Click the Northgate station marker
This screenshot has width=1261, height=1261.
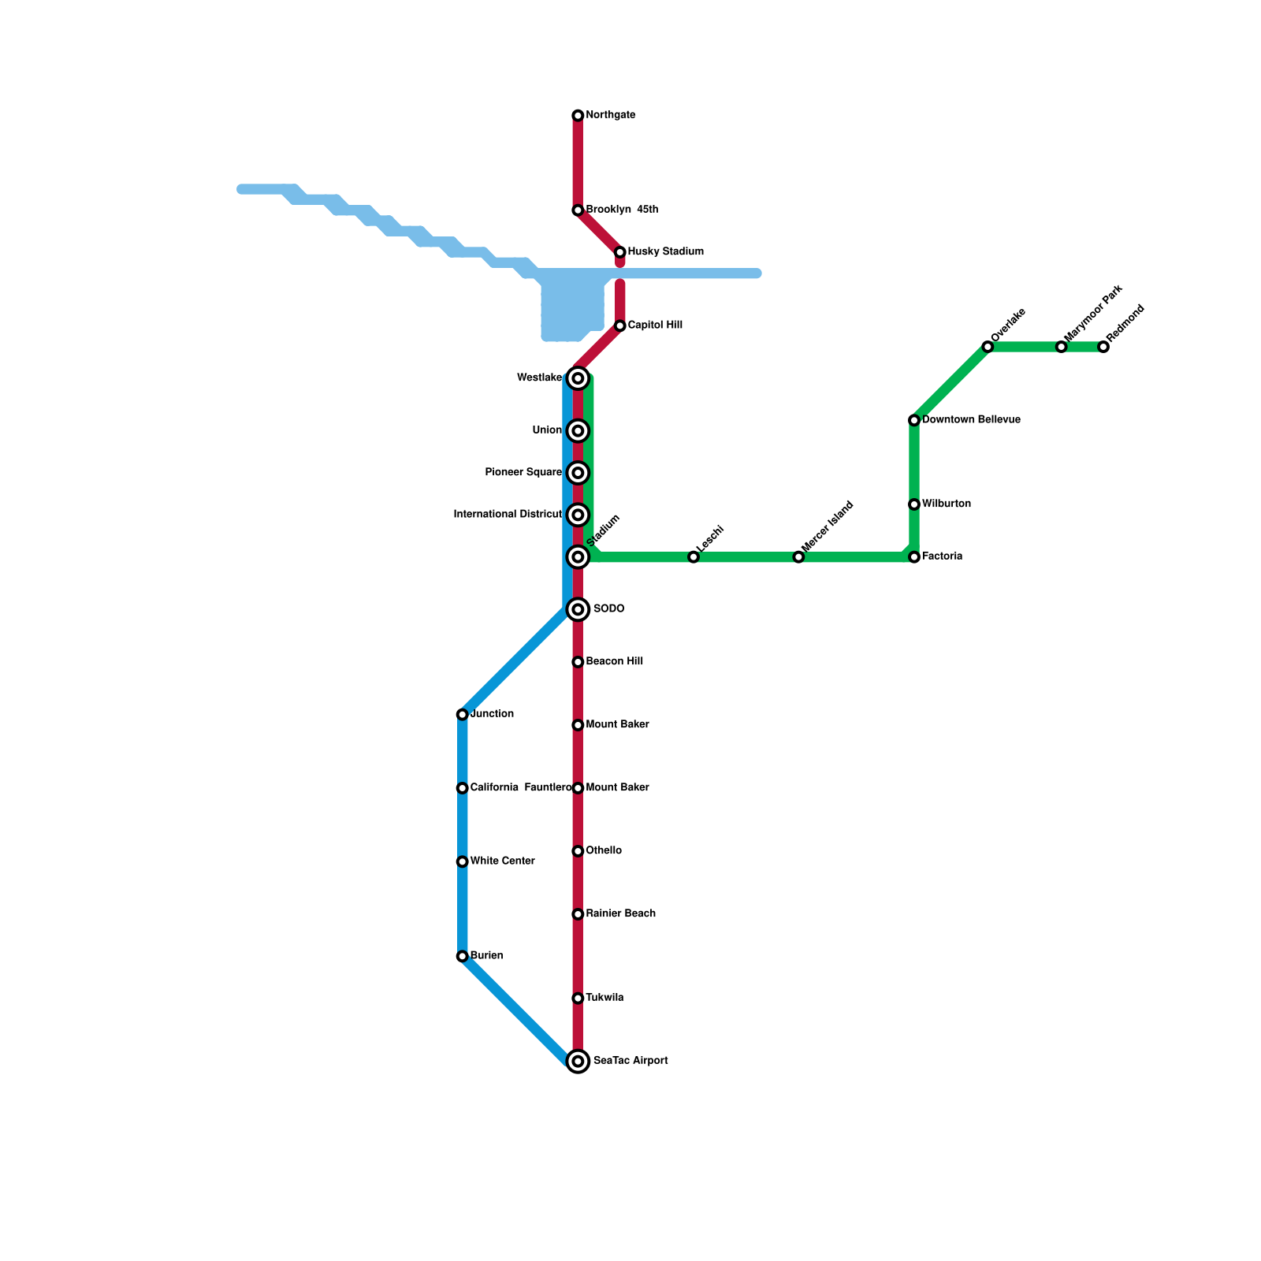[x=578, y=116]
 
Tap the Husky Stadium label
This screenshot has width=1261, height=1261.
[x=665, y=251]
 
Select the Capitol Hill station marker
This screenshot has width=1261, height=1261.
[x=620, y=325]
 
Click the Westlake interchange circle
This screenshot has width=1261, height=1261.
[x=578, y=378]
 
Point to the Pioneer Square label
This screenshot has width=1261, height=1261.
[x=523, y=472]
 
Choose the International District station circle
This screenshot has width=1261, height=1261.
[x=578, y=515]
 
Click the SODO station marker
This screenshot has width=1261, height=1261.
[x=578, y=609]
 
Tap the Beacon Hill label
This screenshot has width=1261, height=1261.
[x=614, y=661]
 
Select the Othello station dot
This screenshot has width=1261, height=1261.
[x=578, y=851]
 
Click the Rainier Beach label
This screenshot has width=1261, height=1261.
[x=620, y=913]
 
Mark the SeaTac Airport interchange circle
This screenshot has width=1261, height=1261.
[x=578, y=1062]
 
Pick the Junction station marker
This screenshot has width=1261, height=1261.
[x=463, y=715]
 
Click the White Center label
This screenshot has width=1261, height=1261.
[x=502, y=861]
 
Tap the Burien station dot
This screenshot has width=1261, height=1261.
[x=463, y=956]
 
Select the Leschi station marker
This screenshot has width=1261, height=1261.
[x=694, y=557]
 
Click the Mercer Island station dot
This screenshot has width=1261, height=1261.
[x=798, y=557]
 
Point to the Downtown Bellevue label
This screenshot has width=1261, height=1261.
[x=971, y=419]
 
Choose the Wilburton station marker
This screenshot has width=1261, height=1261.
[x=914, y=504]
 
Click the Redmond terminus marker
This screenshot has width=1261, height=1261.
[x=1103, y=347]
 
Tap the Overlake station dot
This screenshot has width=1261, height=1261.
[x=988, y=347]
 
